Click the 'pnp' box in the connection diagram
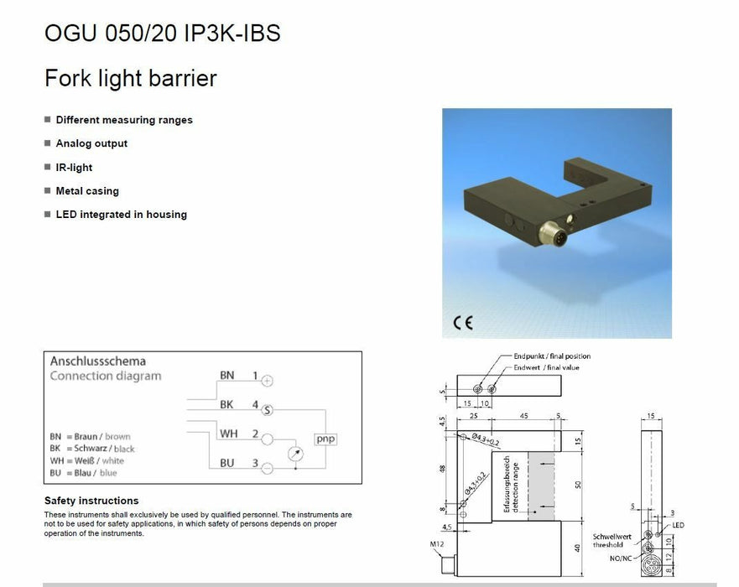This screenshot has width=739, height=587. pos(325,439)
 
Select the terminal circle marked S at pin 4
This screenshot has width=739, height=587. pos(268,409)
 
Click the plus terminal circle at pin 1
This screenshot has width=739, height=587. pos(268,381)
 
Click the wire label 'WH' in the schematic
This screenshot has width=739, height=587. pos(228,434)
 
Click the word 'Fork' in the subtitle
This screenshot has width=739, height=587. pos(65,79)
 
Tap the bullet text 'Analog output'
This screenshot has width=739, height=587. pos(91,143)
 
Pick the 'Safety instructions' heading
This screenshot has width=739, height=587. pos(91,501)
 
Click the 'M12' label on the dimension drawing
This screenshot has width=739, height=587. pos(436,545)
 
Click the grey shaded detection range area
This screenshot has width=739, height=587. pos(540,486)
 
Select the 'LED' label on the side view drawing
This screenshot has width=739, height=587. pos(678,525)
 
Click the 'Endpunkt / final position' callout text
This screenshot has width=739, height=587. pos(552,356)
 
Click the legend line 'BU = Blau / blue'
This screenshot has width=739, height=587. pos(83,473)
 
